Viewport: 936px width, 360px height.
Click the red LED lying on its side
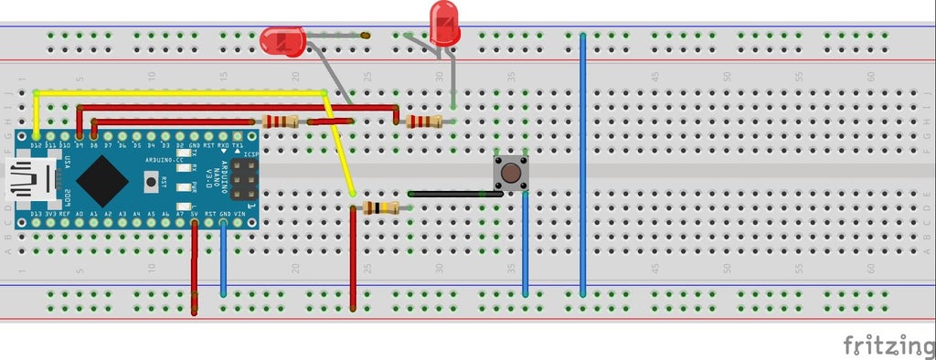[282, 39]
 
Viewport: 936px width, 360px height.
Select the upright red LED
[444, 24]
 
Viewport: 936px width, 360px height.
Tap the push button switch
[511, 173]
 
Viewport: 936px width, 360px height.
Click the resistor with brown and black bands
[379, 208]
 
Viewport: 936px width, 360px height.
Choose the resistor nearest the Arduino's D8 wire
[280, 122]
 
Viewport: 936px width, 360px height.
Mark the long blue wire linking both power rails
[582, 164]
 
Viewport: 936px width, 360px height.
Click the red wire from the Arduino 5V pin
[195, 265]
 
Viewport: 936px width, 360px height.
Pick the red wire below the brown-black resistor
[353, 260]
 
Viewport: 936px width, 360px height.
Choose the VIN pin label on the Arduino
[239, 214]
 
